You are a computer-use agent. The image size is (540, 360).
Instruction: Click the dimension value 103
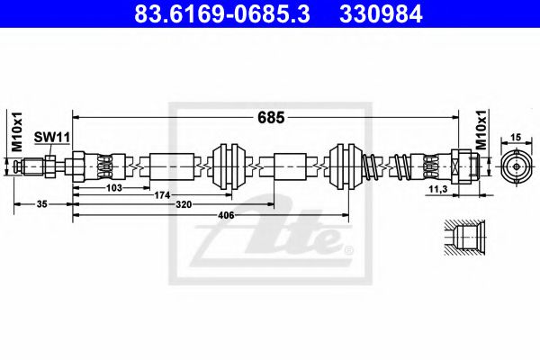click(x=112, y=187)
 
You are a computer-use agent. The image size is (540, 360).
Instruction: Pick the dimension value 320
click(x=208, y=204)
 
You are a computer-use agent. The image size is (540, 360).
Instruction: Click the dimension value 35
click(x=42, y=204)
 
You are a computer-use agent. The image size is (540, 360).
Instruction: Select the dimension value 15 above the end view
click(x=516, y=137)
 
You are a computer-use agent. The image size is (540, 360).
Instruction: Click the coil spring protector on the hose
click(x=389, y=166)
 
